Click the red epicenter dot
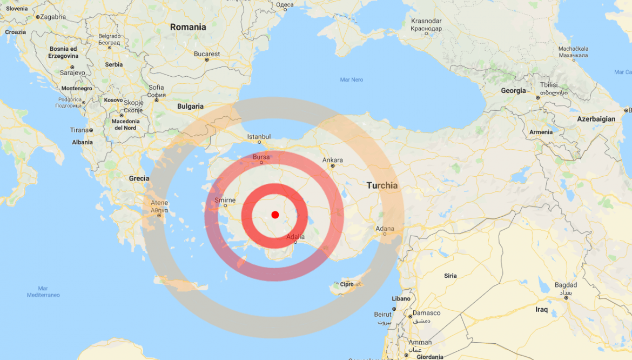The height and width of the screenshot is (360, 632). (x=275, y=215)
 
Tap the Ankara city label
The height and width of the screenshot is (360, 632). (x=332, y=160)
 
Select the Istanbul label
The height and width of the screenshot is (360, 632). (x=259, y=137)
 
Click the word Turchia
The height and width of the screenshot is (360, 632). (x=382, y=185)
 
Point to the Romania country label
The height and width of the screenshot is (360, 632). (x=188, y=27)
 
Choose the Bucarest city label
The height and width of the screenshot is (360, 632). (x=207, y=54)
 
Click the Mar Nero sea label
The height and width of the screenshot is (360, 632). (x=352, y=79)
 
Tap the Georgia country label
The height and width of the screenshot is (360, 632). (x=513, y=91)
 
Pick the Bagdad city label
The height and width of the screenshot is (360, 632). (x=566, y=285)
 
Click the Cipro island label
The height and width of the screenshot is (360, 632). (x=347, y=284)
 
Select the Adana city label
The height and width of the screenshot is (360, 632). (x=385, y=229)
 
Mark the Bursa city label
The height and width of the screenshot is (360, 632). (x=261, y=157)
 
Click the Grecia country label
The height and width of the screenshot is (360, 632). (x=139, y=178)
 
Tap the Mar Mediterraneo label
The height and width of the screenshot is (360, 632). (x=43, y=291)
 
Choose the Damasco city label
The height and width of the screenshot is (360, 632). (x=427, y=313)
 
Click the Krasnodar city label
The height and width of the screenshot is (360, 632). (x=426, y=21)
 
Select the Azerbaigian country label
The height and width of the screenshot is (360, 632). (x=596, y=119)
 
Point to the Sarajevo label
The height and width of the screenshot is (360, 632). (x=72, y=72)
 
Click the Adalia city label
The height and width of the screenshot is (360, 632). (x=295, y=237)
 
